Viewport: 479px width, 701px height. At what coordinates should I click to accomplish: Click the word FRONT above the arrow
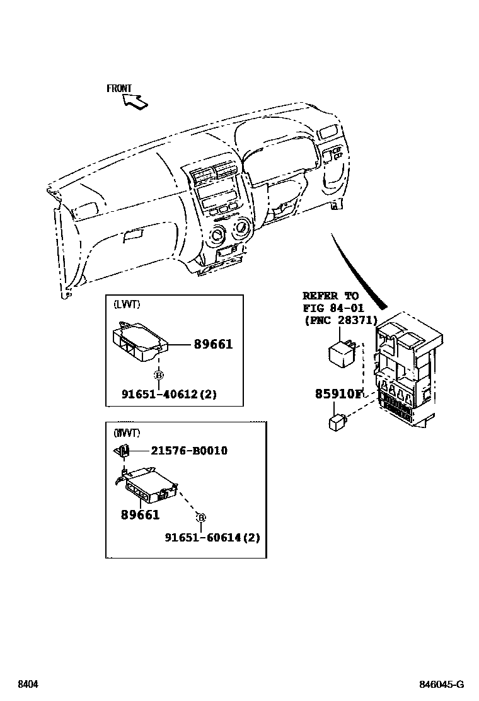point(119,89)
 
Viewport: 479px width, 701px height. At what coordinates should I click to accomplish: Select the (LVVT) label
point(127,304)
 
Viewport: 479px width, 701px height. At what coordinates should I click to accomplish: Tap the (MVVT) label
point(127,433)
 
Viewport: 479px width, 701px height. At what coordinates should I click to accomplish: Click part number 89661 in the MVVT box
point(140,515)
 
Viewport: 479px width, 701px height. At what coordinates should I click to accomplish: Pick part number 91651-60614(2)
point(212,538)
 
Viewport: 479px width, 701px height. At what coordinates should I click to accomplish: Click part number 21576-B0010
point(188,451)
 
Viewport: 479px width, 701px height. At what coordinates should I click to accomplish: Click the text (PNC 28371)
point(340,320)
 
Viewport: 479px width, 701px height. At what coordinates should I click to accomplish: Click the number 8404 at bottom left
point(26,685)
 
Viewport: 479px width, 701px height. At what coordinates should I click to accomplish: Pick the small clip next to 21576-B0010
point(123,451)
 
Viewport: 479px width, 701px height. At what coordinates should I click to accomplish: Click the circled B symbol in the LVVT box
point(159,376)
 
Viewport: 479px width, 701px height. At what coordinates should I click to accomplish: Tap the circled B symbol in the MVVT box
point(201,518)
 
